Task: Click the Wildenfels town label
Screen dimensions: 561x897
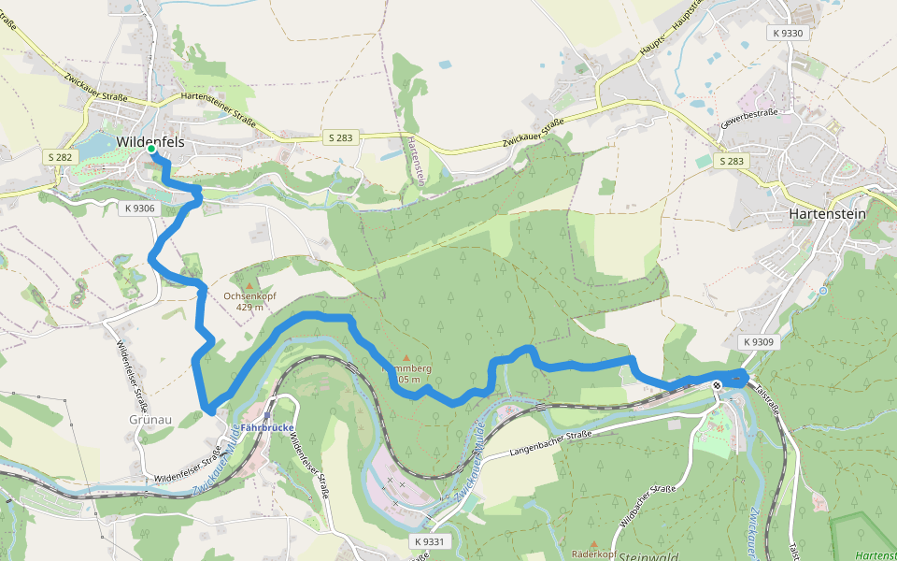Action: tap(149, 141)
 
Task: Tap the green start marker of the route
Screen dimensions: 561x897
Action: tap(151, 149)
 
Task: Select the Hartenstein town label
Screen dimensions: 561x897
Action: tap(827, 213)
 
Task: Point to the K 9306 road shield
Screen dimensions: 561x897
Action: tap(138, 209)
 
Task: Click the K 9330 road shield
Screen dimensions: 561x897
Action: tap(788, 33)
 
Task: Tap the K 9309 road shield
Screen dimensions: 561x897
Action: tap(760, 342)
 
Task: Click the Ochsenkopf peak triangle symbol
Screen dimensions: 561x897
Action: tap(249, 283)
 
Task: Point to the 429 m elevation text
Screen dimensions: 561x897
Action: tap(249, 307)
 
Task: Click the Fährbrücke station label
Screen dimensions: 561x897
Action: tap(267, 428)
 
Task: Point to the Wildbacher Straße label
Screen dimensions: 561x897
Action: tap(648, 506)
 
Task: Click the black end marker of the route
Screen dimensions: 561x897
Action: tap(717, 384)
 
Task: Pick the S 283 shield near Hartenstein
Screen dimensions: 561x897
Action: tap(733, 162)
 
